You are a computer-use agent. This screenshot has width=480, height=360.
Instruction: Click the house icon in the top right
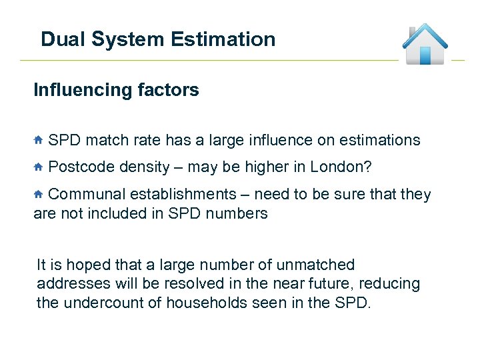pyautogui.click(x=425, y=44)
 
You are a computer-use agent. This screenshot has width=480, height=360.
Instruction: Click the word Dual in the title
pyautogui.click(x=63, y=39)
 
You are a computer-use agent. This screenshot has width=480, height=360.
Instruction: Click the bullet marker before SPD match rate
pyautogui.click(x=39, y=140)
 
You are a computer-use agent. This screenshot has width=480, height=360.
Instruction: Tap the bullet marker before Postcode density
pyautogui.click(x=39, y=167)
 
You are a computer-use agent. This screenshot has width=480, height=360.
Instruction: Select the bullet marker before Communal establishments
pyautogui.click(x=39, y=194)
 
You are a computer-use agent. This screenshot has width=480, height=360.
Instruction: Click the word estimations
pyautogui.click(x=379, y=140)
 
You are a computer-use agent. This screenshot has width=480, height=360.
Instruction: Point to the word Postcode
pyautogui.click(x=82, y=167)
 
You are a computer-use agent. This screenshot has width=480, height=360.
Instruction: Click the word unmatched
pyautogui.click(x=319, y=265)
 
